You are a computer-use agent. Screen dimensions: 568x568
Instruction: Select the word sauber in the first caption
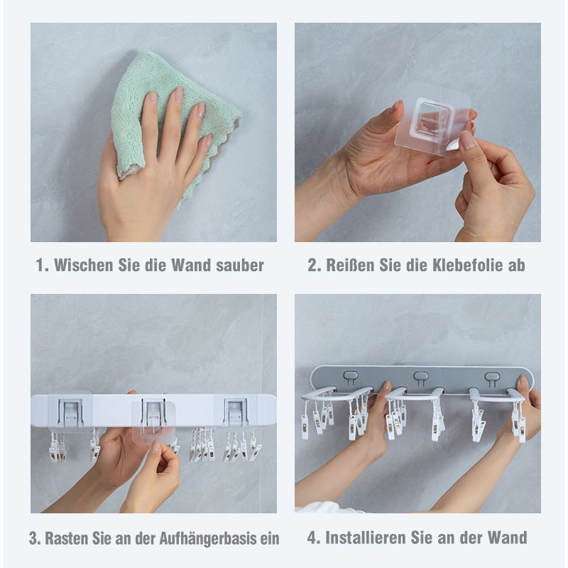[x=240, y=266]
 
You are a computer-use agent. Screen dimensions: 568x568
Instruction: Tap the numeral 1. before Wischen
[x=42, y=265]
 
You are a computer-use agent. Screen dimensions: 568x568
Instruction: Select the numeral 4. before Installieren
[x=314, y=537]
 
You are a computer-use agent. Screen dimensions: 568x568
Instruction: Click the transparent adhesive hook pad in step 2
[x=433, y=119]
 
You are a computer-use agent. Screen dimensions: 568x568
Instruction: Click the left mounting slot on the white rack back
[x=71, y=412]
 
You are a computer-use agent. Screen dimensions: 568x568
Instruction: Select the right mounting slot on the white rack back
[x=236, y=412]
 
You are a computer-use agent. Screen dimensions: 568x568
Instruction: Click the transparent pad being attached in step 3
[x=153, y=422]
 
